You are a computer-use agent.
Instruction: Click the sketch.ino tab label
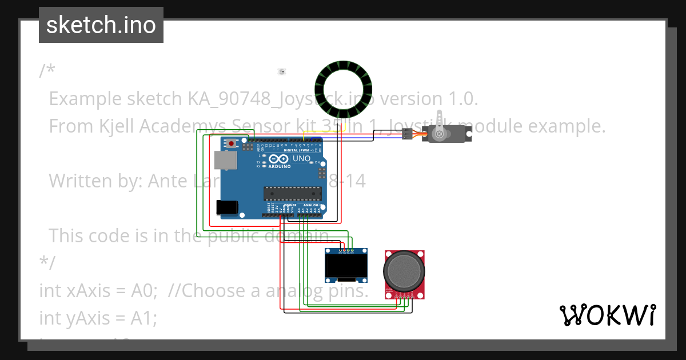[101, 25]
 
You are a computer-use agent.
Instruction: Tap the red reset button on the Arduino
[231, 143]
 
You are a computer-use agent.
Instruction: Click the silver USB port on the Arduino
[224, 161]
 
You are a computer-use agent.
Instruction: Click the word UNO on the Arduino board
[301, 158]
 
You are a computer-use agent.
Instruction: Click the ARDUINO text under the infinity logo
[279, 166]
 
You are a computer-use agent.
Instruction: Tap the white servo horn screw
[439, 134]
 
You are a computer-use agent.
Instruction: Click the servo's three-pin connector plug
[406, 134]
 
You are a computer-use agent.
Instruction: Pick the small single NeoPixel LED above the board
[281, 71]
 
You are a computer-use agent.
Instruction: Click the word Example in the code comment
[84, 99]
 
